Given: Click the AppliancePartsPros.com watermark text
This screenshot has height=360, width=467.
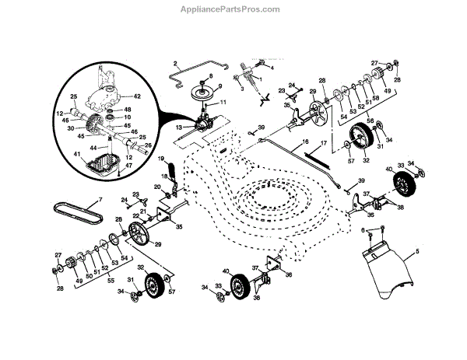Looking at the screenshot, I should point(233,9).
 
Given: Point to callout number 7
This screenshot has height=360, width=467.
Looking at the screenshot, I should point(100,200).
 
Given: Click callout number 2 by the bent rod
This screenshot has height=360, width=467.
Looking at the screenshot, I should point(176,62).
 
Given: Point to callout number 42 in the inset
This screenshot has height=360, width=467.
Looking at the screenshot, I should point(136,96).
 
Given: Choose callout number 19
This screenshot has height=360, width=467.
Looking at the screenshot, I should point(162,159).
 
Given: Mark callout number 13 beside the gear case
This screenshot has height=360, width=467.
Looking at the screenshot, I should point(178,126).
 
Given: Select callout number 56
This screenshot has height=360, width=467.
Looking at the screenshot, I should point(370,121).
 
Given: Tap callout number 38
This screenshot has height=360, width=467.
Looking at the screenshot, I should point(400,208).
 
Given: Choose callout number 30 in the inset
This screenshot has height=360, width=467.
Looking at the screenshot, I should point(71,128).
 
